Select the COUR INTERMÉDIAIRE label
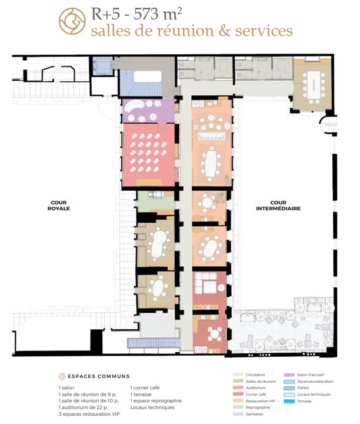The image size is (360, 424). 278,208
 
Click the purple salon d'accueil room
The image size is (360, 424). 148,111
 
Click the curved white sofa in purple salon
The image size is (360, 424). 134,109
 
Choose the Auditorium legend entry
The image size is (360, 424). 253,388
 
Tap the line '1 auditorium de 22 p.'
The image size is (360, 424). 85,408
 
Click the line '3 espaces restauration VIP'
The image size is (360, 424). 90,414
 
